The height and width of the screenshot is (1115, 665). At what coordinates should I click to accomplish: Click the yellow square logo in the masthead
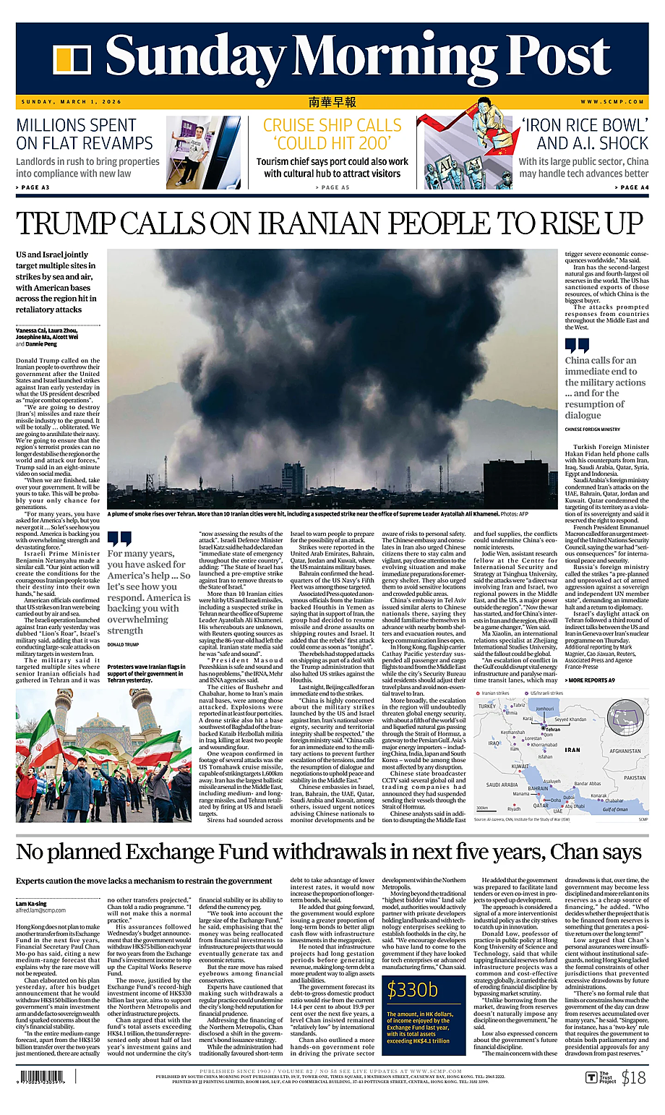pyautogui.click(x=72, y=60)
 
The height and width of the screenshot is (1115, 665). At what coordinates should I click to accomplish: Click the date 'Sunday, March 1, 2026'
pyautogui.click(x=72, y=102)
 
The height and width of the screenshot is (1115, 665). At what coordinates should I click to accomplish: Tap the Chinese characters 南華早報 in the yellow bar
pyautogui.click(x=332, y=102)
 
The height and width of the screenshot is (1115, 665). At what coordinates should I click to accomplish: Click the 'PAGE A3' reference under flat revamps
pyautogui.click(x=33, y=187)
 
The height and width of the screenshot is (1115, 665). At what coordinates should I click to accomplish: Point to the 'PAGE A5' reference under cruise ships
pyautogui.click(x=332, y=187)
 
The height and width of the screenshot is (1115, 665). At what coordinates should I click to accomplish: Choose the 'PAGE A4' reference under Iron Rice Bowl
pyautogui.click(x=631, y=187)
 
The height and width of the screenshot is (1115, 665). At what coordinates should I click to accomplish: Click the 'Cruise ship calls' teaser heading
pyautogui.click(x=332, y=134)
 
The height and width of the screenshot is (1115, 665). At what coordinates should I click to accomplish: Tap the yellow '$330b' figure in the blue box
pyautogui.click(x=413, y=989)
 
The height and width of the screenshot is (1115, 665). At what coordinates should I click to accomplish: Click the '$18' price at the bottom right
pyautogui.click(x=633, y=1078)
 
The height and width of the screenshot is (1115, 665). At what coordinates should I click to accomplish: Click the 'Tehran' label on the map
pyautogui.click(x=552, y=730)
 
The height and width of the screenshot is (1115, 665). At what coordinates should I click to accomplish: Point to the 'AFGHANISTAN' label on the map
pyautogui.click(x=625, y=751)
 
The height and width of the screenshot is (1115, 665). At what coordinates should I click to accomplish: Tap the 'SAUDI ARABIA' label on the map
pyautogui.click(x=502, y=785)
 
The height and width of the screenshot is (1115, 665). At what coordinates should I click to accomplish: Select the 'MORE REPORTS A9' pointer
pyautogui.click(x=591, y=680)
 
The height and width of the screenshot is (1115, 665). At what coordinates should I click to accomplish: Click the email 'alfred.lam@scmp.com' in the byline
pyautogui.click(x=41, y=910)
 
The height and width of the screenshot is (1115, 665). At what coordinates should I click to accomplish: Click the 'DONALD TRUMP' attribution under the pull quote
pyautogui.click(x=122, y=644)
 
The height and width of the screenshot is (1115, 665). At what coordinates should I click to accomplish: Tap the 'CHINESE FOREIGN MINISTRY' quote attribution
pyautogui.click(x=592, y=430)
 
